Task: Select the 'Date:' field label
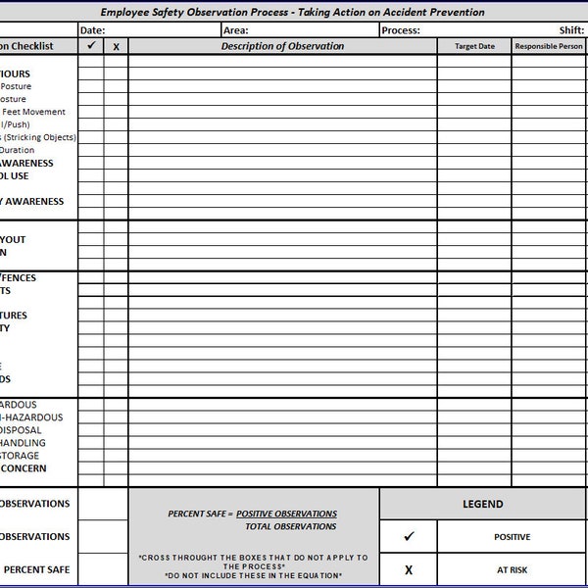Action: (92, 29)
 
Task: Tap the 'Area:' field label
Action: (235, 29)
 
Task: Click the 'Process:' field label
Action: (401, 29)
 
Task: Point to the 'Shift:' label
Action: (571, 29)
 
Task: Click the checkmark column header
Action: (91, 46)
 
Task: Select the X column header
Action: (116, 47)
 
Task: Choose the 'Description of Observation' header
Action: (282, 46)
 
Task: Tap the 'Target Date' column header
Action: (474, 47)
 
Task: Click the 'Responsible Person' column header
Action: (548, 47)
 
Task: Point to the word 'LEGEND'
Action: (482, 505)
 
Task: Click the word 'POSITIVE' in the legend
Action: (512, 537)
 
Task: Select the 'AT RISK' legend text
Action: (512, 569)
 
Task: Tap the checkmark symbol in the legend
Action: (408, 537)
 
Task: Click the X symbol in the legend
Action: (408, 569)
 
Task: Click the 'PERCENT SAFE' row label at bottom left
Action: (37, 569)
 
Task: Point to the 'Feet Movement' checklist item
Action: (34, 112)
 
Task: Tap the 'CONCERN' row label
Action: (24, 468)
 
